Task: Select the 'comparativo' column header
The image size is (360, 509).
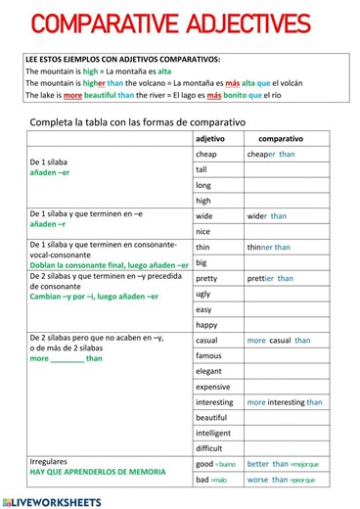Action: (281, 139)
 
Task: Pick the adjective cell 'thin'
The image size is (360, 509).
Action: (202, 248)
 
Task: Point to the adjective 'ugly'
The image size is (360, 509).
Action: (203, 294)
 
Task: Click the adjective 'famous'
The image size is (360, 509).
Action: (208, 355)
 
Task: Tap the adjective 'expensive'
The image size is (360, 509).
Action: (213, 387)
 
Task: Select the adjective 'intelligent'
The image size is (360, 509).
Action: (213, 433)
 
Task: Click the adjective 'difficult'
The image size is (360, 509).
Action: (209, 448)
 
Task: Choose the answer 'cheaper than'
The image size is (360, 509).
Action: (271, 155)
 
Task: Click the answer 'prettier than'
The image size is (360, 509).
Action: (270, 278)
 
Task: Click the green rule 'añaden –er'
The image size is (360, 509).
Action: (50, 172)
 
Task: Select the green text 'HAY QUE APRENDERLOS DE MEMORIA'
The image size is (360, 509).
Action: (97, 472)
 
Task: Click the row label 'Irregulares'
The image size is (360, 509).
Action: (49, 460)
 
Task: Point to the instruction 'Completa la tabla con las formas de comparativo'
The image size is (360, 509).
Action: (138, 121)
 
